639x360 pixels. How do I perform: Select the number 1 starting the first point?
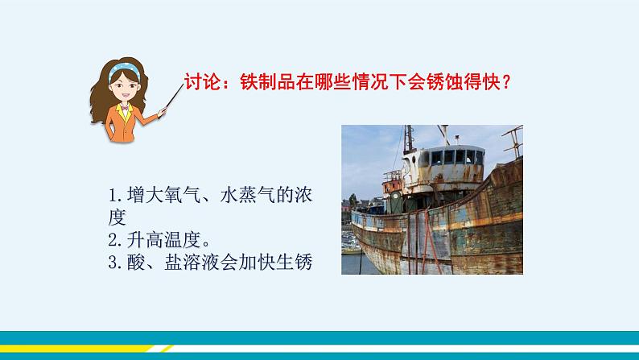(111, 196)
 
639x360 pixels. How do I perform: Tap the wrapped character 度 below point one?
(117, 217)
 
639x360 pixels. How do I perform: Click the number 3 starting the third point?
(111, 262)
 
